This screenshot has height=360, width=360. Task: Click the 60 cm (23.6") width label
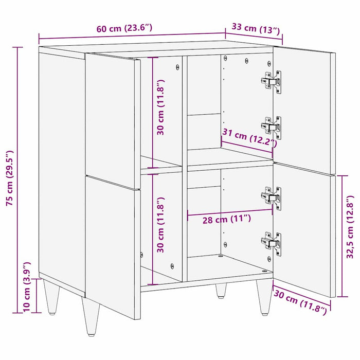(124, 29)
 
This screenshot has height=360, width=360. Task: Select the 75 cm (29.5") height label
(9, 178)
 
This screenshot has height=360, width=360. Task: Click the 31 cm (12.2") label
(248, 138)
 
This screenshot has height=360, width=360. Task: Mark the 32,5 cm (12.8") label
(350, 226)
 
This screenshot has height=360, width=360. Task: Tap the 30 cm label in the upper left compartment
(161, 107)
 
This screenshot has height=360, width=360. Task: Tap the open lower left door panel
(112, 242)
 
